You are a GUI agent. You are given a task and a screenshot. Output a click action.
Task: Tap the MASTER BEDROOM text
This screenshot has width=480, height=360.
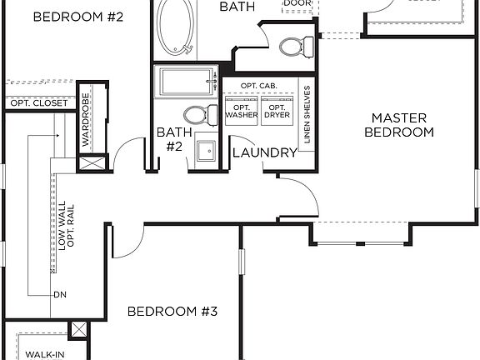pyautogui.click(x=402, y=125)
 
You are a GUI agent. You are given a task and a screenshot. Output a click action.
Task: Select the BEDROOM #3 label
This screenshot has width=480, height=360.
pyautogui.click(x=172, y=312)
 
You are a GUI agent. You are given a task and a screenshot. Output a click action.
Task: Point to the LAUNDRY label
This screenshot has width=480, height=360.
pyautogui.click(x=265, y=152)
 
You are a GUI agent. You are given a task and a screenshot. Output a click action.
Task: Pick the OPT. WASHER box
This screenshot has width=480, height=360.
pyautogui.click(x=241, y=110)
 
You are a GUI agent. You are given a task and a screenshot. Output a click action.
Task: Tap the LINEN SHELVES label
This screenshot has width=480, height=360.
pyautogui.click(x=307, y=114)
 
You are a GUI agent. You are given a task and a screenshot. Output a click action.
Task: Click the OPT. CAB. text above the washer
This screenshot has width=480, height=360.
pyautogui.click(x=258, y=87)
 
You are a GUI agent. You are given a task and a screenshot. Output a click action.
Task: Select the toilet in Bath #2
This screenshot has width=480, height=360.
pyautogui.click(x=194, y=115)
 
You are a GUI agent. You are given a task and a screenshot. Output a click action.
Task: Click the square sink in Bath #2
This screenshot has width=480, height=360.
pyautogui.click(x=203, y=152)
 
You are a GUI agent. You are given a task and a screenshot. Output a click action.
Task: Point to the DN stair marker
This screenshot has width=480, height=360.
pyautogui.click(x=59, y=294)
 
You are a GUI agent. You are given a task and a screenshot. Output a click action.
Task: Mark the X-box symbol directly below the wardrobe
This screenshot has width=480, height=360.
pyautogui.click(x=94, y=162)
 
